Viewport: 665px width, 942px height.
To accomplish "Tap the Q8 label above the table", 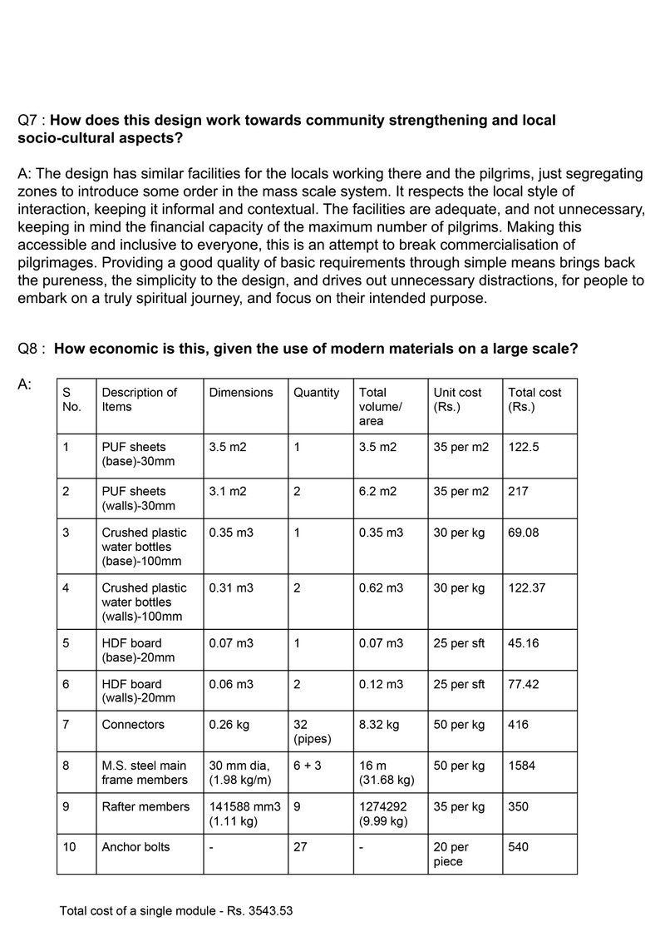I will (30, 350).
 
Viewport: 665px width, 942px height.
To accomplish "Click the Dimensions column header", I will (241, 393).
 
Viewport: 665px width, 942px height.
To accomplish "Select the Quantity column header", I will (317, 393).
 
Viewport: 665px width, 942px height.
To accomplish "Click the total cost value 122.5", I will (524, 447).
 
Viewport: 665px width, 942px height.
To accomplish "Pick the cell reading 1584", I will (523, 765).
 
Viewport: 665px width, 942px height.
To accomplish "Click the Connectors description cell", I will (133, 725).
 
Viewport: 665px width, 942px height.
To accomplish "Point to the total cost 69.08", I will (524, 533).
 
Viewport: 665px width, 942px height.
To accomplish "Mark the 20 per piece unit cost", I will (451, 854).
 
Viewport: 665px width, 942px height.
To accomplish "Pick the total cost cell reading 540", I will (519, 847).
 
